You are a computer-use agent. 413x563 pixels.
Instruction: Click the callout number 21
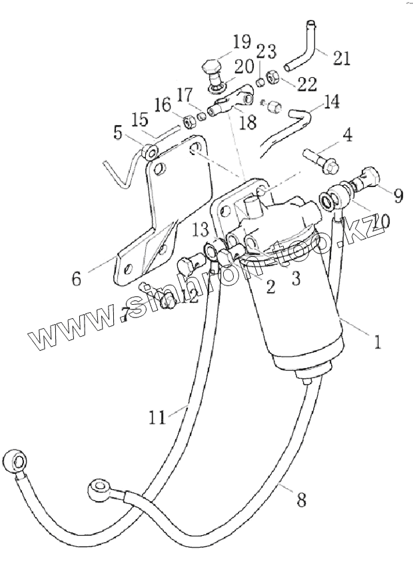[340, 59]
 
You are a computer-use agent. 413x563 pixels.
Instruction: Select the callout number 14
[331, 102]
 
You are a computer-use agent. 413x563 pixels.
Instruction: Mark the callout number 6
[77, 278]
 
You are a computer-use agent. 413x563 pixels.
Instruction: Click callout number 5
[119, 132]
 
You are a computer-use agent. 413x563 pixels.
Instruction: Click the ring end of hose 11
[15, 461]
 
